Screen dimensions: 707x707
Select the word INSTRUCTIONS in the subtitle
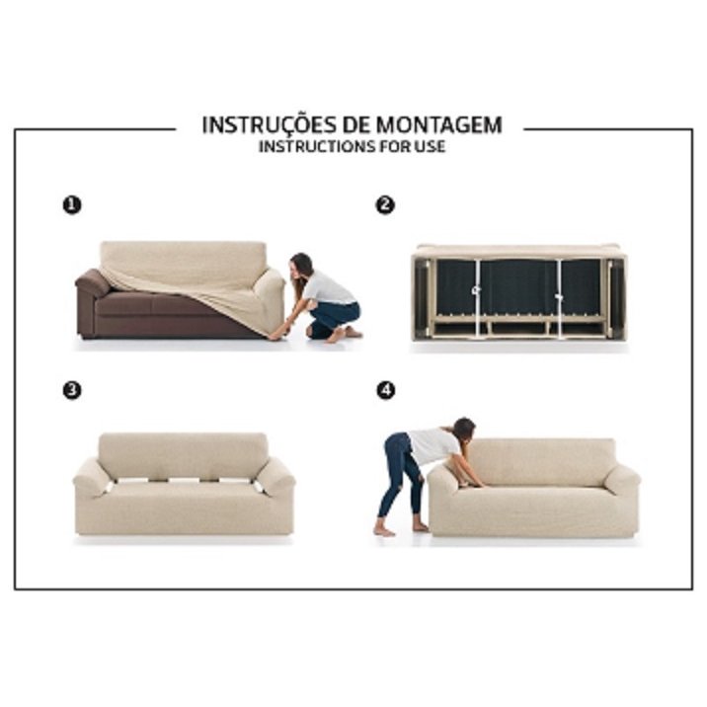pos(317,147)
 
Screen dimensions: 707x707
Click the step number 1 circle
pos(72,205)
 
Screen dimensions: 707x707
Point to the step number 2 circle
pos(385,205)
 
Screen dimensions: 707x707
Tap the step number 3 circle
pos(72,390)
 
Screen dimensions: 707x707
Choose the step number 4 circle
pos(386,390)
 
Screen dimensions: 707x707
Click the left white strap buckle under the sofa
pos(476,291)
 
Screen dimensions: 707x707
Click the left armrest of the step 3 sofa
pos(92,477)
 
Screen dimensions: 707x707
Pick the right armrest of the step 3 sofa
pos(275,477)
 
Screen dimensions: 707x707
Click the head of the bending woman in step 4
pos(463,430)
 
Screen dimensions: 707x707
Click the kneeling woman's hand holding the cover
pos(275,334)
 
